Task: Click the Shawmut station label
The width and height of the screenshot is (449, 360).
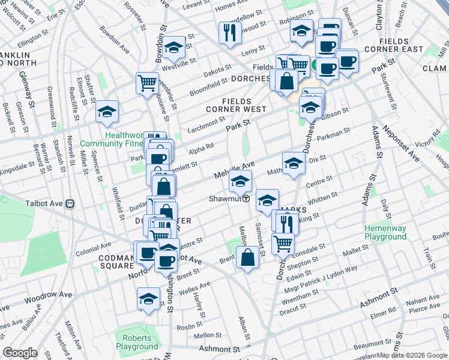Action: coord(224,199)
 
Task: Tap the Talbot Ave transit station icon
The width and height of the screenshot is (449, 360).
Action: coord(70,203)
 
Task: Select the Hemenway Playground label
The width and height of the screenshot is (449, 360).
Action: coord(384,232)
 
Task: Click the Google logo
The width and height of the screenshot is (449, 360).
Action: coord(20,353)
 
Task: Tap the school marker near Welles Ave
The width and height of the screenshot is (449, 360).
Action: coord(148,298)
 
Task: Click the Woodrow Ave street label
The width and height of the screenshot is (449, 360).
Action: coord(49,296)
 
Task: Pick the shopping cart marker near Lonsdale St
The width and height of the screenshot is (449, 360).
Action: coord(283,243)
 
